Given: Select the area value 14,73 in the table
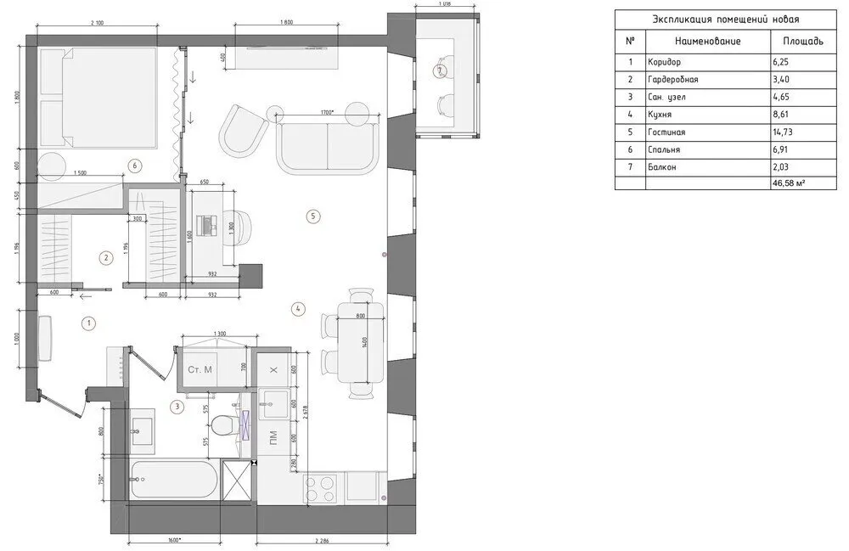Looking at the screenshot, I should coord(785,132).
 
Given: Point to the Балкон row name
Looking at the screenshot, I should coord(664,167).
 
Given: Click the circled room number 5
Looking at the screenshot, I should coord(312,216).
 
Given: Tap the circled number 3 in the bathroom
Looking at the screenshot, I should coord(177,407).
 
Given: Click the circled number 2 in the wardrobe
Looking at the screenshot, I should coord(105,258).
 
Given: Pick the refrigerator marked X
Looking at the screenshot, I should coord(273,371).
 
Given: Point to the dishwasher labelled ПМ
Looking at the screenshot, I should coord(273,439).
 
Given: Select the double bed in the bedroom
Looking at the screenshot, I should coord(98,95).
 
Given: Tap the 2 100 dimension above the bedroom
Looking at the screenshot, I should coord(96,24).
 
